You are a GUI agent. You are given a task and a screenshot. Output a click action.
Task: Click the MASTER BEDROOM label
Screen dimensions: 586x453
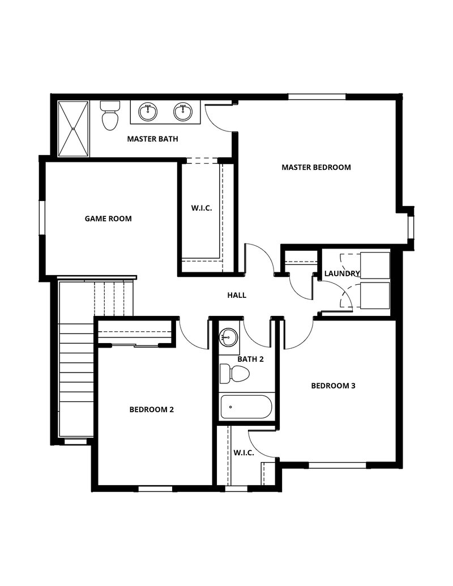point(316,167)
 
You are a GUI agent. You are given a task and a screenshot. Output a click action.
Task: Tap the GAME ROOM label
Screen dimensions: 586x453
point(108,218)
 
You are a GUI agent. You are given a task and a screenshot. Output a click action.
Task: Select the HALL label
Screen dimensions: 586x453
point(237,295)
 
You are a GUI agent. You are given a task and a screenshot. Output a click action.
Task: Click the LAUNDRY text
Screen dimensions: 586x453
point(342,273)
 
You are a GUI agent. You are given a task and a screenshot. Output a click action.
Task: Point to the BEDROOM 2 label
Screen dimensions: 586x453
point(151,409)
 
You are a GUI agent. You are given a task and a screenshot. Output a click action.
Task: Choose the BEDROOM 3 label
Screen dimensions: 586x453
point(334,386)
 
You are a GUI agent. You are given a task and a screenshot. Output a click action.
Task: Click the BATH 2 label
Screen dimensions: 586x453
point(250,359)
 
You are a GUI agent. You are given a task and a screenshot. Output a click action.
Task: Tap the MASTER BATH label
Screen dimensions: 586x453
point(153,138)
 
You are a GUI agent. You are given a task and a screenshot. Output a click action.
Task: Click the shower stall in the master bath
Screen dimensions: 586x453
point(73,129)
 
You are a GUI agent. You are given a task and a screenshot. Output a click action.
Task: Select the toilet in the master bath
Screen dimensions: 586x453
point(110,116)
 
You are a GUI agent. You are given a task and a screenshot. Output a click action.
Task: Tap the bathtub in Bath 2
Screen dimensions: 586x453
point(246,407)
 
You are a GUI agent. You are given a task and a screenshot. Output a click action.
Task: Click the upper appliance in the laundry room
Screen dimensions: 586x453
point(374,265)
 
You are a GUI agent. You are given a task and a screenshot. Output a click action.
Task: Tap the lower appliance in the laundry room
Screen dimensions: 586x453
point(374,296)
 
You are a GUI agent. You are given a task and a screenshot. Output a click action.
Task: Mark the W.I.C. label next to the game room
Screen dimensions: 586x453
point(201,208)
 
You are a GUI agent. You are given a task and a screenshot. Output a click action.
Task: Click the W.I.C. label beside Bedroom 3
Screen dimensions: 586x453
point(243,453)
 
